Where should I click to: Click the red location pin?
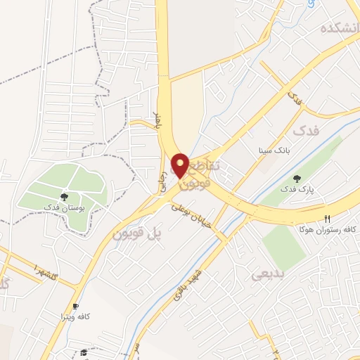click(x=180, y=165)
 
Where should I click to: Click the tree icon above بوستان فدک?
click(x=64, y=197)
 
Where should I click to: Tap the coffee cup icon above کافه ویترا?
click(x=75, y=307)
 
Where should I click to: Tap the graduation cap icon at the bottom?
click(x=84, y=352)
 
